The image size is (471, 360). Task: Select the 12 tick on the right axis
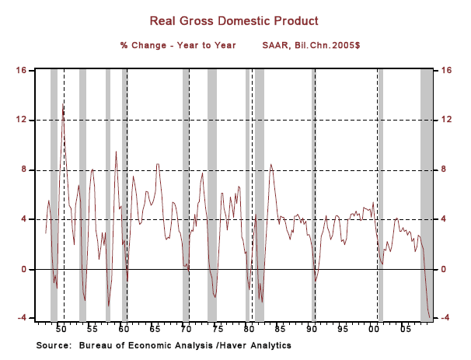(x=446, y=120)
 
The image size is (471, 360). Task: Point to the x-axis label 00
(x=373, y=330)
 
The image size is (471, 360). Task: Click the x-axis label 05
(x=405, y=330)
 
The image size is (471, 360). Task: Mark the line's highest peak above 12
(x=63, y=105)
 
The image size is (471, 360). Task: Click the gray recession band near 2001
(x=380, y=194)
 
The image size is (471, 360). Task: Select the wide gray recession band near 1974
(x=211, y=194)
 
